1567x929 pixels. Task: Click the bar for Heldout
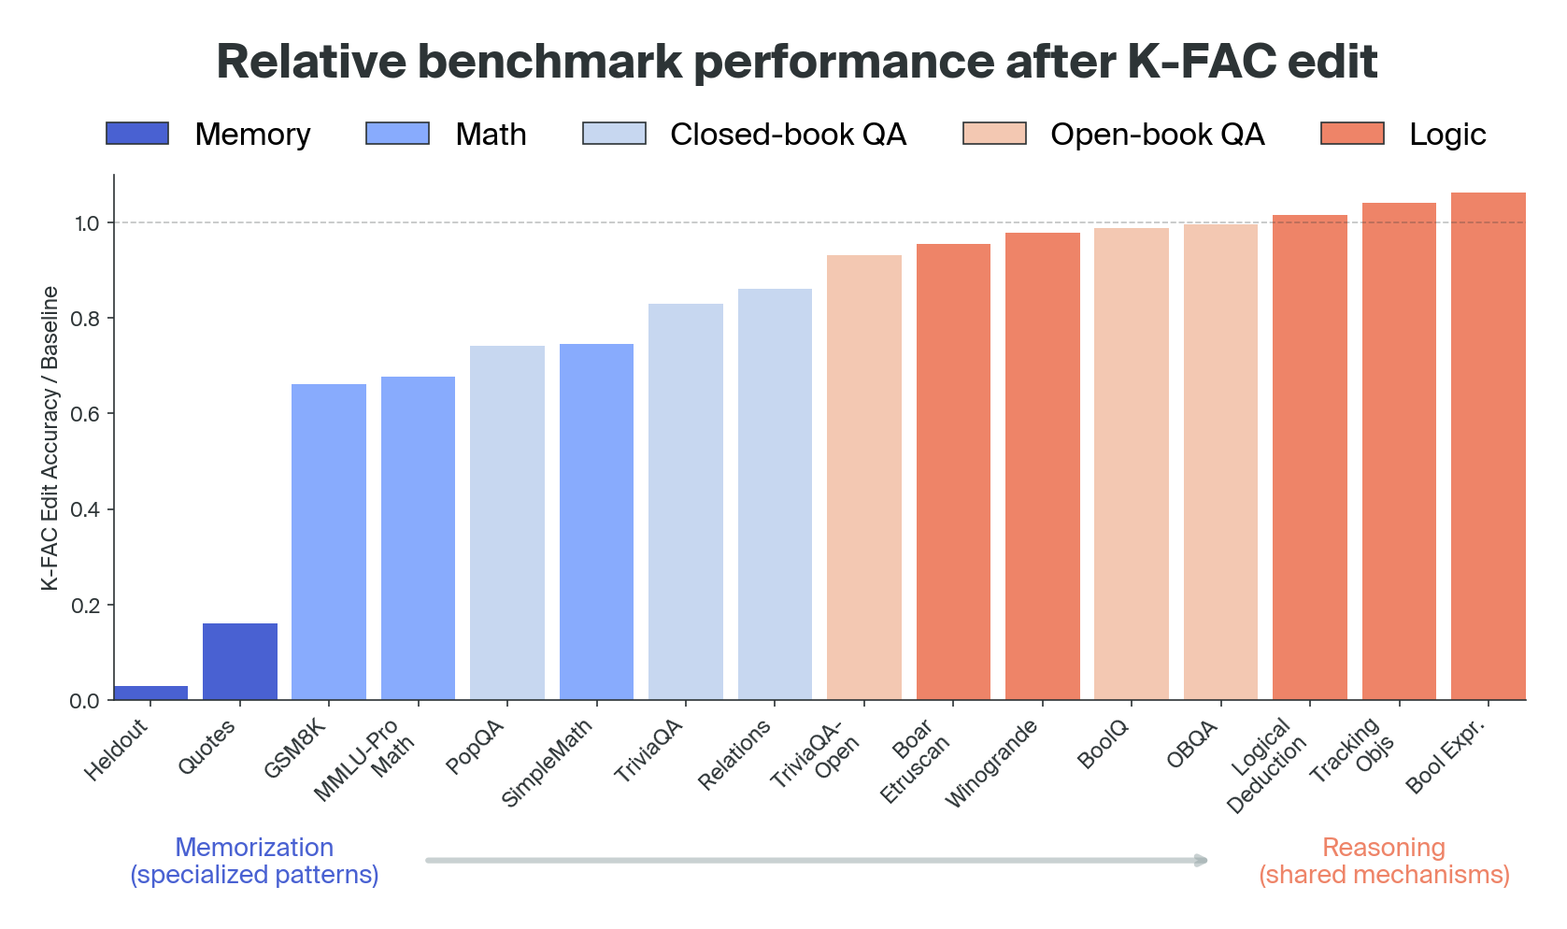pyautogui.click(x=150, y=693)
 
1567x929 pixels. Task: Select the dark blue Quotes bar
pyautogui.click(x=240, y=662)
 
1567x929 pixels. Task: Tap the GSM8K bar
pyautogui.click(x=329, y=542)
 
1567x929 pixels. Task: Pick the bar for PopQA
pyautogui.click(x=507, y=523)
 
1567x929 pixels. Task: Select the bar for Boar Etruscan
pyautogui.click(x=953, y=472)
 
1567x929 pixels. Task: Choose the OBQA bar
pyautogui.click(x=1220, y=462)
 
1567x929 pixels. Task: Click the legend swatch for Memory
pyautogui.click(x=137, y=134)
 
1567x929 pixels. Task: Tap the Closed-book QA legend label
pyautogui.click(x=788, y=135)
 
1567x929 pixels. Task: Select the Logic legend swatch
pyautogui.click(x=1351, y=134)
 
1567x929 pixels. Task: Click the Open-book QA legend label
pyautogui.click(x=1157, y=135)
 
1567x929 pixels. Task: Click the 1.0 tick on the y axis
pyautogui.click(x=86, y=223)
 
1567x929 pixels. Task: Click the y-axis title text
pyautogui.click(x=50, y=437)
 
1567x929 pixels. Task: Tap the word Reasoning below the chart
pyautogui.click(x=1383, y=848)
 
